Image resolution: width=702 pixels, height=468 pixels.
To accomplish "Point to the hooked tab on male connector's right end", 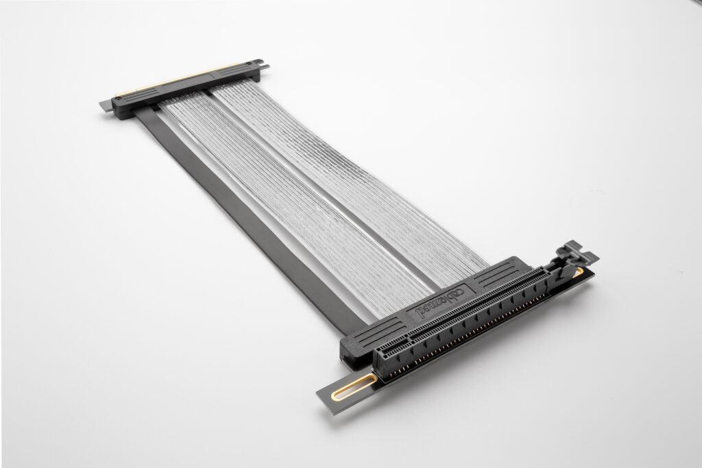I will [x=263, y=66].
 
